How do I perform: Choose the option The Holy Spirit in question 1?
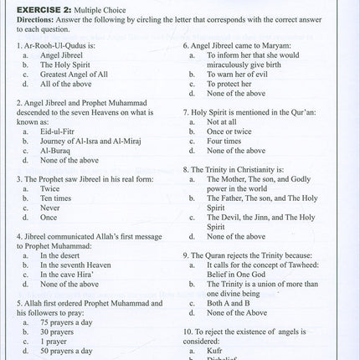click(69, 64)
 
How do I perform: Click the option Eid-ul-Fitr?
click(60, 132)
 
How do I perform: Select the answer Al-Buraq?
click(57, 152)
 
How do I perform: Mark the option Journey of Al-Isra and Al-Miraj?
click(96, 142)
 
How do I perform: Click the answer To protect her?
click(231, 84)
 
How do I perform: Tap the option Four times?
click(227, 141)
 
